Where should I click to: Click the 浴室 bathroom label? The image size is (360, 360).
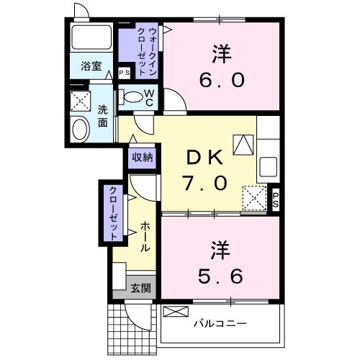(91, 63)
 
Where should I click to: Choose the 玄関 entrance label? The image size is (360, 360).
(141, 289)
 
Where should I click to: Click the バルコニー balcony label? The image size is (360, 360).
(220, 324)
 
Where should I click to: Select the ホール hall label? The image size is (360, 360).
(144, 236)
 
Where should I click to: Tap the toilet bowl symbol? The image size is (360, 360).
(133, 97)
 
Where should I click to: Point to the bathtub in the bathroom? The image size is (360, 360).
(92, 37)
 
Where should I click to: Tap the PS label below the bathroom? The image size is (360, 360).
(123, 72)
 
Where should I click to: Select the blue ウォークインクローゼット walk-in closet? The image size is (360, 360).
(140, 53)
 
